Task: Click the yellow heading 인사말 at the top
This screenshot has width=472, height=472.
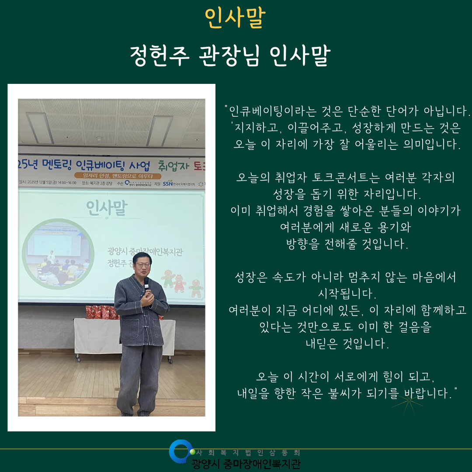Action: [235, 18]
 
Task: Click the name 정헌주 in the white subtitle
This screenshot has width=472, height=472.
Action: [159, 56]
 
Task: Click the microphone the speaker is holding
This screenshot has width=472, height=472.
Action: [146, 284]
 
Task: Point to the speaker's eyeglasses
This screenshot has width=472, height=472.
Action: [143, 264]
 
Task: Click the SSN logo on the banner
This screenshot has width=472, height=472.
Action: [168, 184]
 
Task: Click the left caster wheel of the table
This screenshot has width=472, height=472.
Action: [78, 359]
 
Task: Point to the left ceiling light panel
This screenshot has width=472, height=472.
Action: [40, 128]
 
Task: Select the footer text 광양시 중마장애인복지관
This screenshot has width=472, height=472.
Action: [246, 463]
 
